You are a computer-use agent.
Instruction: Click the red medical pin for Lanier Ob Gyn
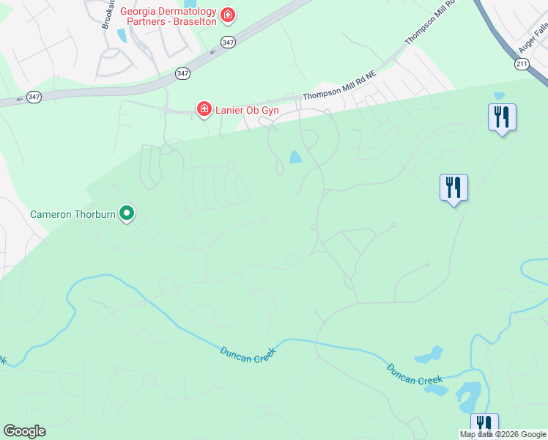click(204, 109)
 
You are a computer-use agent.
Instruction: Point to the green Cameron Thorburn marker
click(127, 213)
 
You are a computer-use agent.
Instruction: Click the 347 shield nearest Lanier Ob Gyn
click(182, 73)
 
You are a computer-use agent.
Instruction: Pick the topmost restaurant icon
click(502, 117)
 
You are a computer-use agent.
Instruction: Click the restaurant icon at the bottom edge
click(484, 425)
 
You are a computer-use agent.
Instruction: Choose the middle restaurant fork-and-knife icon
click(453, 188)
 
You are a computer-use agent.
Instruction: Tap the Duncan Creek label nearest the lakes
click(415, 375)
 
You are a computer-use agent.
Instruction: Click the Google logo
click(24, 431)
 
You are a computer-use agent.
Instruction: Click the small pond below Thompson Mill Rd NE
click(295, 157)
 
